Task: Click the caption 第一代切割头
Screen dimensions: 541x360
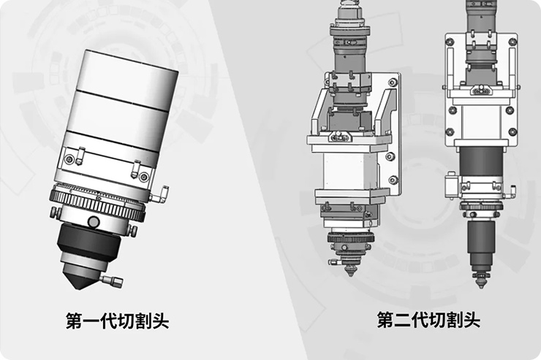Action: coord(117,321)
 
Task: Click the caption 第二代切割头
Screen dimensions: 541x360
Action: coord(428,320)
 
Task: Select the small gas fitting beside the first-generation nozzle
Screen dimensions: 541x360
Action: coord(111,280)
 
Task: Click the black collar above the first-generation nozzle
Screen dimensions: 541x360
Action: coord(89,242)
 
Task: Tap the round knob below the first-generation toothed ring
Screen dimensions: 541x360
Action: coord(94,221)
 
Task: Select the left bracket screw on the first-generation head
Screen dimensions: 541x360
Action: coord(69,159)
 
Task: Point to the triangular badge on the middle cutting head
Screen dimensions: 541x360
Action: coord(339,137)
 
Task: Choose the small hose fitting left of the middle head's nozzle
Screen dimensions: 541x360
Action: coord(334,262)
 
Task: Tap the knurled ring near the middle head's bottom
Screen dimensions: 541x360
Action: coord(350,238)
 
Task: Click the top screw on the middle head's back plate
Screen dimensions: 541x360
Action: coord(393,83)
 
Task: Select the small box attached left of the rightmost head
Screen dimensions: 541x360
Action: coord(452,185)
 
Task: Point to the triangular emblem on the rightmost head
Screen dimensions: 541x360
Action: coord(480,91)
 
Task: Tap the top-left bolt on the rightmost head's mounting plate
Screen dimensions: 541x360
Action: coord(450,42)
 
